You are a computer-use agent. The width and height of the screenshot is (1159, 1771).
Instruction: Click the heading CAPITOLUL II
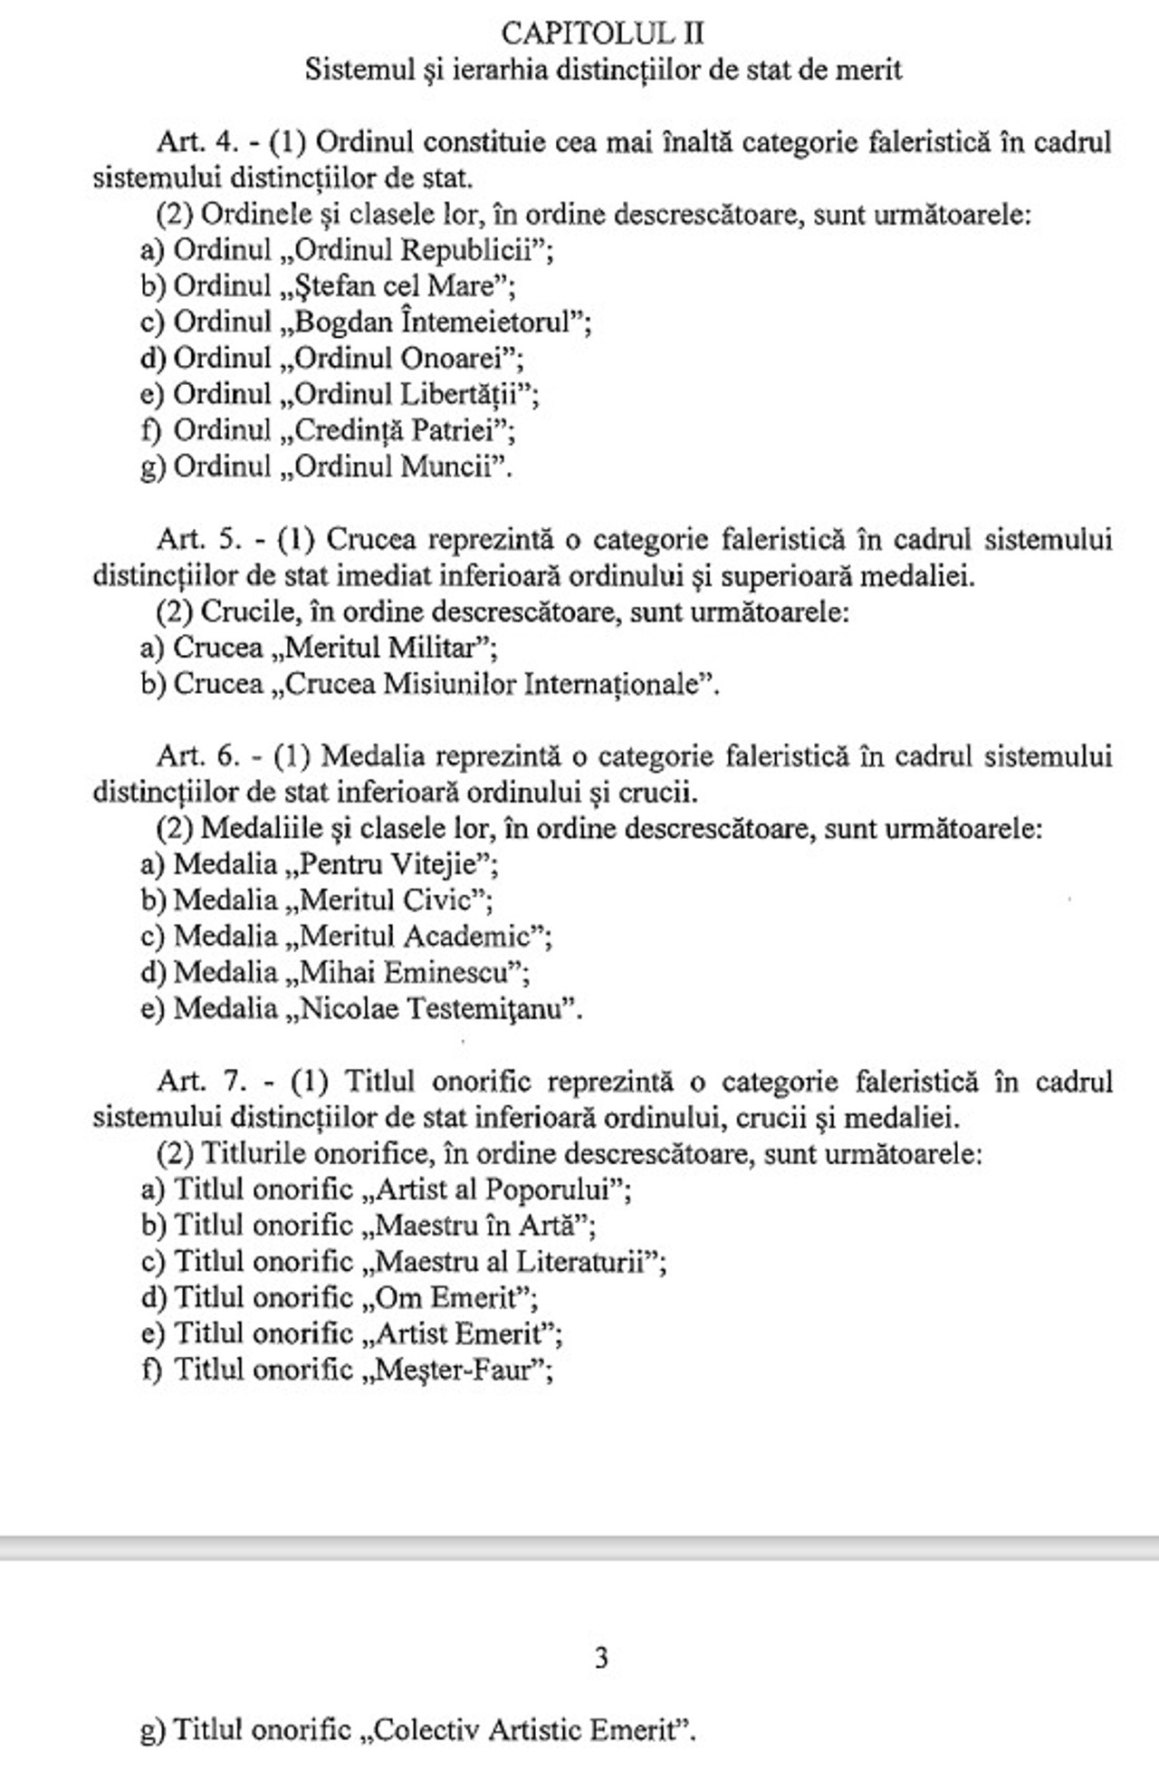point(602,34)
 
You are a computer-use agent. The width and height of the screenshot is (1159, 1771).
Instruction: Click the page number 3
point(601,1658)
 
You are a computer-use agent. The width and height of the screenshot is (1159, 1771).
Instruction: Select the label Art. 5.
point(199,540)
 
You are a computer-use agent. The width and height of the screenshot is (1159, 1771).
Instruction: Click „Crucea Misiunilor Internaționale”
point(494,684)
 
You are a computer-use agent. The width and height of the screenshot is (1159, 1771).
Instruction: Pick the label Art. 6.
point(199,756)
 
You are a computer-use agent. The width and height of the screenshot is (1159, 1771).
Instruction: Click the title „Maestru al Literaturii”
point(514,1262)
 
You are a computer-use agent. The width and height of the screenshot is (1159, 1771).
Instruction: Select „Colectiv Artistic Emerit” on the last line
point(529,1730)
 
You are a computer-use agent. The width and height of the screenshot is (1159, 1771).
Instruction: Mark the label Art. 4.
point(198,142)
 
